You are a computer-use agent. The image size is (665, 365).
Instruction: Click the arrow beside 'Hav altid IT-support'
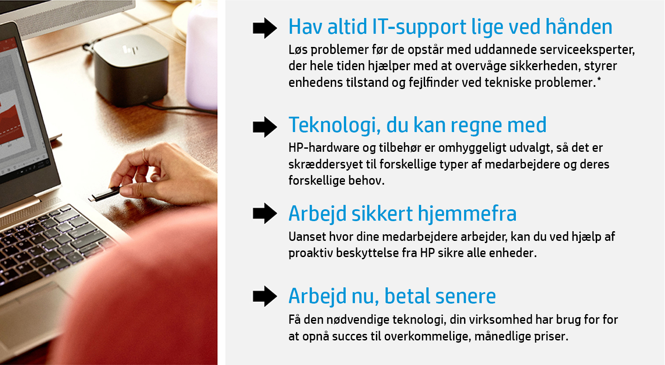(265, 28)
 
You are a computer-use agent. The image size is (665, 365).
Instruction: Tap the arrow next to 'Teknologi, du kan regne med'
(265, 127)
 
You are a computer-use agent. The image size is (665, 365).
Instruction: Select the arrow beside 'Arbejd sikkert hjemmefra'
(265, 213)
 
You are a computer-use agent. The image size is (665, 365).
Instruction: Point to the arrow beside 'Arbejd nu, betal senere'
(265, 296)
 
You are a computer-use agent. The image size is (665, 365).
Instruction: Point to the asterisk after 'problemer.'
(599, 79)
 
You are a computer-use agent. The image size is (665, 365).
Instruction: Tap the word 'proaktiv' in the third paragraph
(310, 253)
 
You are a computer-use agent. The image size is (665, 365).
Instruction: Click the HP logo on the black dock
(130, 50)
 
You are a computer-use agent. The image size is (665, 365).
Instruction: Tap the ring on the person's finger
(144, 155)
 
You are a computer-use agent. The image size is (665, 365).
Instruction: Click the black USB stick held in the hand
(104, 193)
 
